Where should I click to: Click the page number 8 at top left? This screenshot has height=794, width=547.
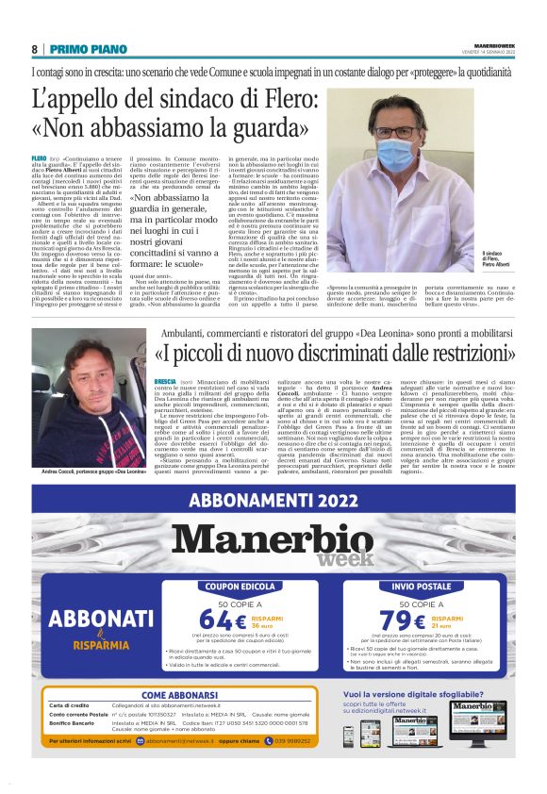34,49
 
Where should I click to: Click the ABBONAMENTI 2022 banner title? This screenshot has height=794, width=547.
273,500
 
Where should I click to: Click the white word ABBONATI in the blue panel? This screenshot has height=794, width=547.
94,619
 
